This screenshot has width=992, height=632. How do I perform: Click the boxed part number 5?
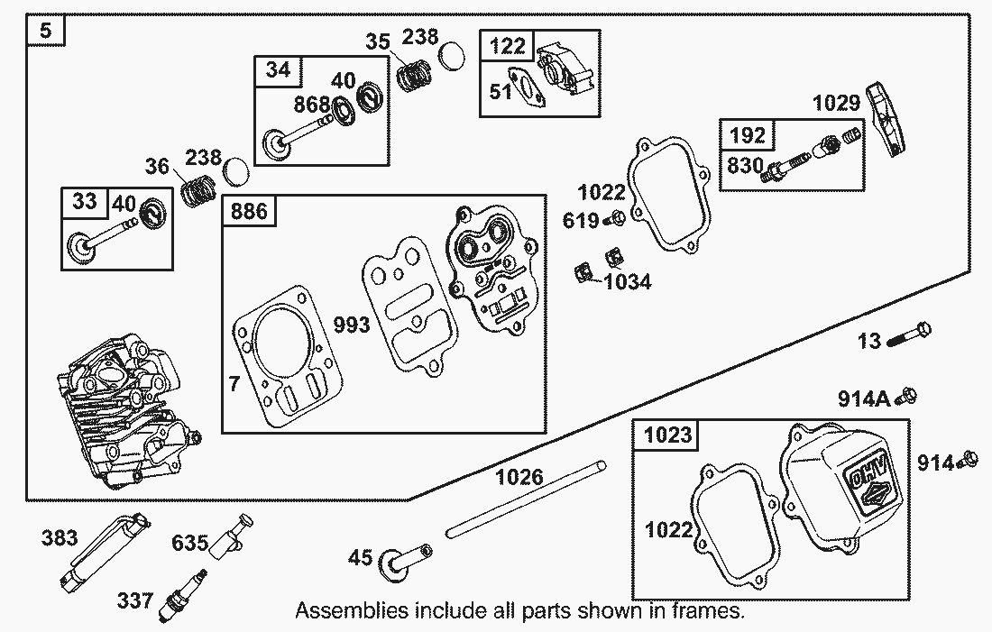[47, 32]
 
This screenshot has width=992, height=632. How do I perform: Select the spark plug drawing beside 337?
[181, 595]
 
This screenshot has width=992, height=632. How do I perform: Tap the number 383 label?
[60, 538]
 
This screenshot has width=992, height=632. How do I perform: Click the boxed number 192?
[748, 135]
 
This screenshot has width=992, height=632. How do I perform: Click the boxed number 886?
[249, 212]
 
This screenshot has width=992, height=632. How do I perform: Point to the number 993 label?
[352, 325]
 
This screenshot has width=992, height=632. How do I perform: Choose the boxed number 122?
[507, 47]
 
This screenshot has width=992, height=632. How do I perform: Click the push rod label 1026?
[519, 476]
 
